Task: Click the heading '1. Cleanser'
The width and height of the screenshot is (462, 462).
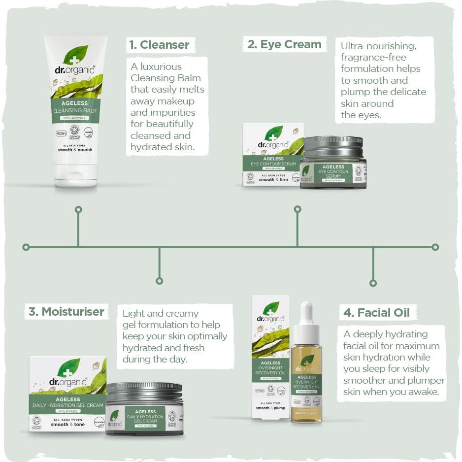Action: (159, 45)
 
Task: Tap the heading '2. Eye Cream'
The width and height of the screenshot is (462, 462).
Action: (285, 44)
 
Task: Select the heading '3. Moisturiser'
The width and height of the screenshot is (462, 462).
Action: (66, 311)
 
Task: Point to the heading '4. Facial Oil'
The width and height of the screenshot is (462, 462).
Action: (377, 312)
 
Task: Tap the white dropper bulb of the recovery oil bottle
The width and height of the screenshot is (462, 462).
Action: (306, 312)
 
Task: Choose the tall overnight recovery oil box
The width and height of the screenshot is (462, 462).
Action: (270, 357)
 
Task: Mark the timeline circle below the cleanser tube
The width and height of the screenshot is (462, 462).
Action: (78, 210)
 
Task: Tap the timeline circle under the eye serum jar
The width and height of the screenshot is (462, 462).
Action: (297, 209)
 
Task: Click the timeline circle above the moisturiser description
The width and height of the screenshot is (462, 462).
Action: (159, 281)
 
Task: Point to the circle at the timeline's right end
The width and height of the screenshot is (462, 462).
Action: (435, 247)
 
